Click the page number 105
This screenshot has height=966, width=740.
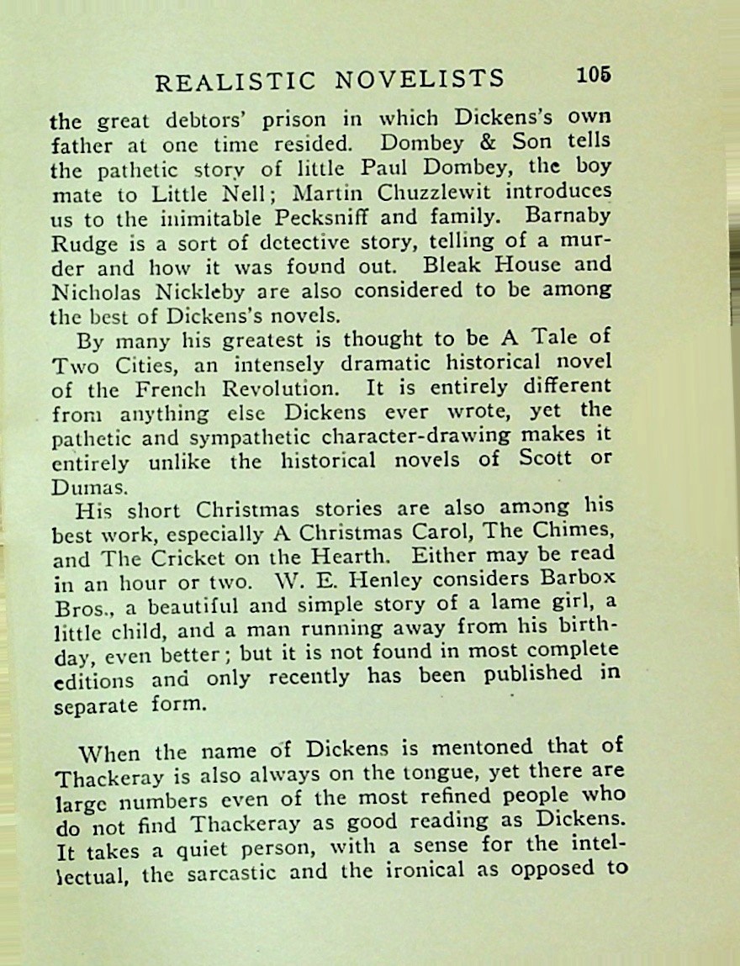click(594, 75)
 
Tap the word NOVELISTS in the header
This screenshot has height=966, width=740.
click(420, 80)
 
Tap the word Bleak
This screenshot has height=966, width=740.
click(455, 264)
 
